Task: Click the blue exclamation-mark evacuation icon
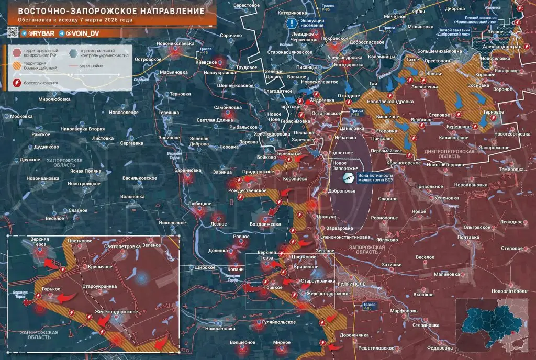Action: tap(291, 23)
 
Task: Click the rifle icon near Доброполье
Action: tap(347, 178)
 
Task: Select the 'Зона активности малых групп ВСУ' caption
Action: tap(374, 178)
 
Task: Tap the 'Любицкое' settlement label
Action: tap(199, 204)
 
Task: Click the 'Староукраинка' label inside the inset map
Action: tap(99, 286)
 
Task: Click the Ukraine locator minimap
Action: tap(493, 324)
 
